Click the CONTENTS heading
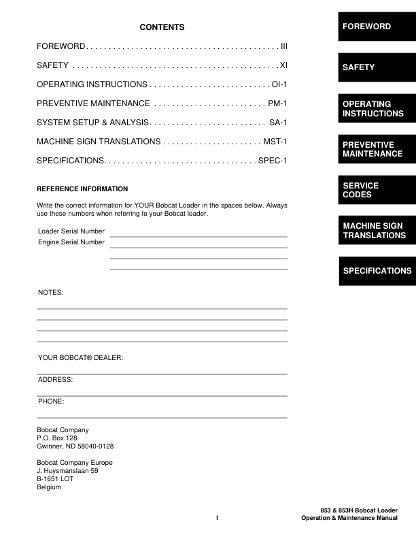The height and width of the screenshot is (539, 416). point(162,27)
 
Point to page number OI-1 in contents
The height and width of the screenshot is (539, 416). point(281,84)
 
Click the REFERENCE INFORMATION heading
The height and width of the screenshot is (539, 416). point(82,189)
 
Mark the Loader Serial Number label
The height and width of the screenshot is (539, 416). point(71,231)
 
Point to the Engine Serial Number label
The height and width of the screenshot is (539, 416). point(71,242)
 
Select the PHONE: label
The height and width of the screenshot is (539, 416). point(51,402)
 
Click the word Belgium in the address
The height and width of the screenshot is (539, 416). point(49,487)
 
